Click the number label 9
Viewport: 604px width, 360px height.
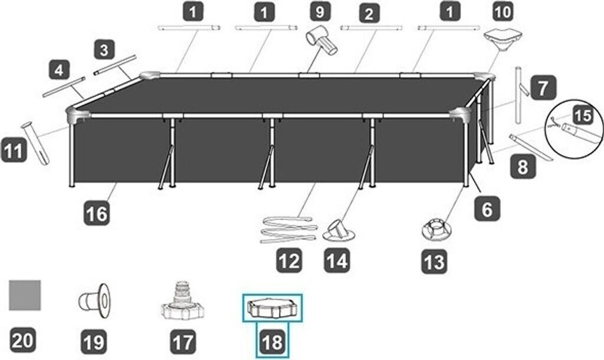point(320,12)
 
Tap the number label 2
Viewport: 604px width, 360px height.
point(369,15)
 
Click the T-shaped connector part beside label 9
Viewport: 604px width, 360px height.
point(321,41)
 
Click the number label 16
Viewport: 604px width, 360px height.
point(97,213)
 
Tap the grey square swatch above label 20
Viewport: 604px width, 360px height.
point(25,295)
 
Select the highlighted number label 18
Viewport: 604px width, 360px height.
point(273,342)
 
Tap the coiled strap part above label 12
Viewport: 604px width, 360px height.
point(289,230)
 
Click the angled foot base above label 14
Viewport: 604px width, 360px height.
point(339,231)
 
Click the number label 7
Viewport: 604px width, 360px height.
point(543,87)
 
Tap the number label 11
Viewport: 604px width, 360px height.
point(14,150)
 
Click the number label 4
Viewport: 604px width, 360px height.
point(59,70)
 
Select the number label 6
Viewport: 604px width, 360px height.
point(487,209)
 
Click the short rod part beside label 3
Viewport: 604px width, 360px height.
point(115,65)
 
